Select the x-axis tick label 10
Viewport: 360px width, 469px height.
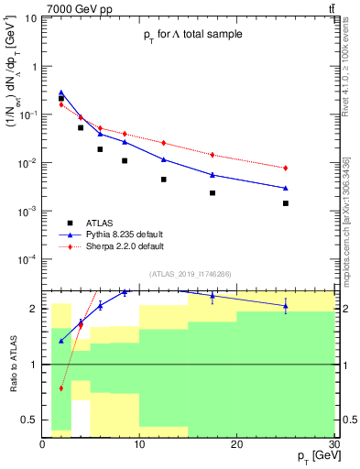[x=139, y=444]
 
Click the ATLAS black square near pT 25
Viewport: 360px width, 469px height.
[x=286, y=203]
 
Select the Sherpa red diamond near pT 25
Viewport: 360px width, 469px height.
[x=286, y=168]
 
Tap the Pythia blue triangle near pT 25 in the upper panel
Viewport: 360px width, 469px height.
[x=286, y=188]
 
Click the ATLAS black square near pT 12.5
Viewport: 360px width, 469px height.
[x=164, y=180]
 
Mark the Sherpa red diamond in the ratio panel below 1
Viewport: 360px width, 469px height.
[x=61, y=388]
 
